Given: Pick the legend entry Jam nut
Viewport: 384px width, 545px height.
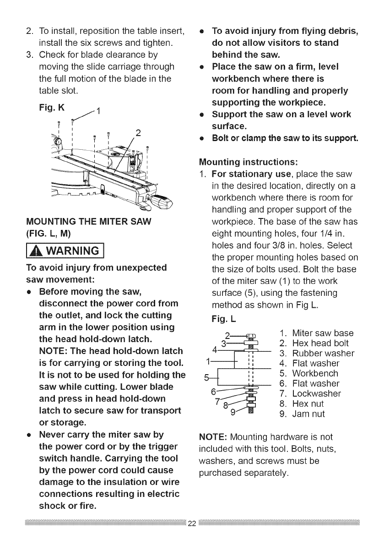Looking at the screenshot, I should pyautogui.click(x=304, y=414).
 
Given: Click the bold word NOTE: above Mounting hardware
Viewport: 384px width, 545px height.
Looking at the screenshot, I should pyautogui.click(x=212, y=437).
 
